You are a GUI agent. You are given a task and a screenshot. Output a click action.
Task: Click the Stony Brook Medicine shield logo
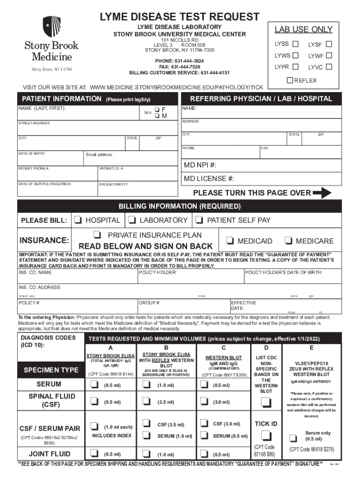pos(51,27)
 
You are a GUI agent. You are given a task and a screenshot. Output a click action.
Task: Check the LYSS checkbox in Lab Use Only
pos(295,44)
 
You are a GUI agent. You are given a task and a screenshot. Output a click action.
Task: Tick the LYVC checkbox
pos(329,67)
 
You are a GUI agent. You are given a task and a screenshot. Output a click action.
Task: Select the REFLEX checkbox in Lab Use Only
pos(290,80)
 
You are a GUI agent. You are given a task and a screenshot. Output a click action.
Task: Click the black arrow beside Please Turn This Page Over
pos(322,193)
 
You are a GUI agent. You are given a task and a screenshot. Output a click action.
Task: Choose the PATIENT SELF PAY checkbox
pos(199,220)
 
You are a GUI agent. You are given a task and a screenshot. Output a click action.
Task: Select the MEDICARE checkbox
pos(288,241)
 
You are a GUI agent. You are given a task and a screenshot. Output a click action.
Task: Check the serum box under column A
pos(94,385)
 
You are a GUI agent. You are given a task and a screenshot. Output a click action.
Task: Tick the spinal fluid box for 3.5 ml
pos(147,401)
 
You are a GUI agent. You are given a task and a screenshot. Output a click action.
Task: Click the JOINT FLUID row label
pos(50,454)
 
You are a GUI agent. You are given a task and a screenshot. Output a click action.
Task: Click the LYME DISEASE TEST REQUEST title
pos(180,17)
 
